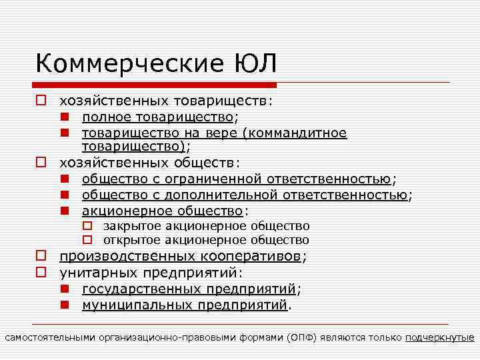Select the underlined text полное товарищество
pos(158,117)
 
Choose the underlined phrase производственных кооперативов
pos(181,257)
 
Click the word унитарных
pos(92,273)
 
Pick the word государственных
pos(142,289)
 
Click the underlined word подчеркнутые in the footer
pos(439,337)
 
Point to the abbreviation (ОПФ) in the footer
pos(301,337)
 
